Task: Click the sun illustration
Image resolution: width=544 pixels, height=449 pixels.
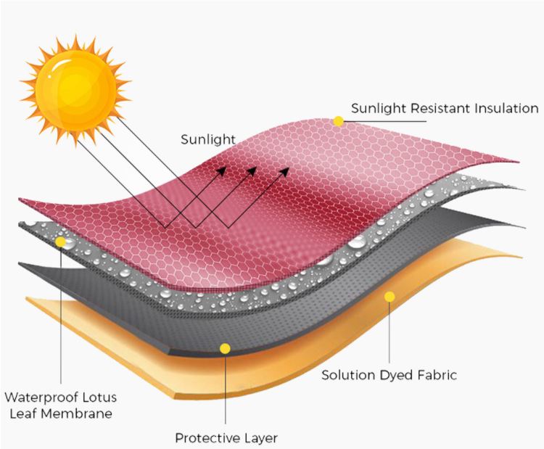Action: tap(75, 91)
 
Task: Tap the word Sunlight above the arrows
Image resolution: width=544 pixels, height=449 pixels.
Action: tap(208, 140)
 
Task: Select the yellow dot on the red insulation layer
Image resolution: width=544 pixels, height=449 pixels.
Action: tap(338, 121)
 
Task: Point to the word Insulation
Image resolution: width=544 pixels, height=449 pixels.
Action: tap(506, 108)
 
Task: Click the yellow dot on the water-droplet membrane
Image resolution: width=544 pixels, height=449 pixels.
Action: tap(61, 242)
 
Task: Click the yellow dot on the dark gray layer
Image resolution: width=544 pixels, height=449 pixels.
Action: tap(225, 348)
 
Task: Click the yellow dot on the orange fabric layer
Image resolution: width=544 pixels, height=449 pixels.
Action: tap(390, 297)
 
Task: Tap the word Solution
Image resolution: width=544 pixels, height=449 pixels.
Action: tap(348, 375)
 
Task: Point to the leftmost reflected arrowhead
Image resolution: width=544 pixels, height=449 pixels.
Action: tap(221, 170)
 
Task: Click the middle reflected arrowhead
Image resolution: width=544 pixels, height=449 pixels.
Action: tap(252, 170)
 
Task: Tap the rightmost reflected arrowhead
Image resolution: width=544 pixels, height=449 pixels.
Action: tap(284, 171)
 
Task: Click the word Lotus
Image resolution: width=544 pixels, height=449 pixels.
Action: tap(99, 397)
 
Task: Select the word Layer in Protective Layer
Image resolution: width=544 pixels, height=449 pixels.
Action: tap(261, 439)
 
